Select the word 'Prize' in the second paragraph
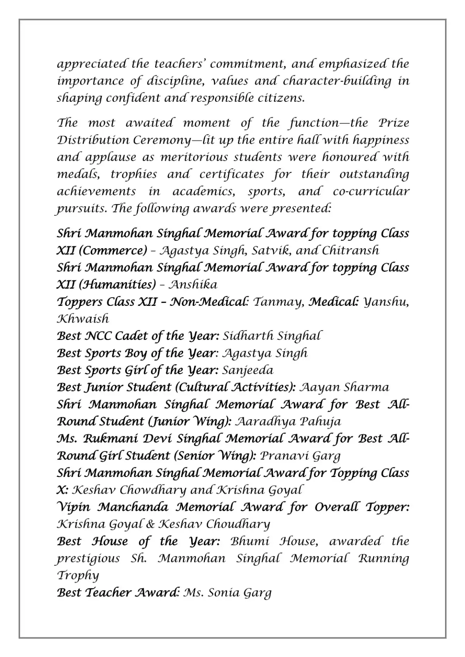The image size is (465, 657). point(393,123)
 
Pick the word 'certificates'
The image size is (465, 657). point(232,174)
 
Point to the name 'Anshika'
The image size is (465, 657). point(193,285)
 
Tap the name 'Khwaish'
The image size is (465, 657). point(83,319)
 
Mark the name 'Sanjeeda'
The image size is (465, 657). point(248,371)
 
